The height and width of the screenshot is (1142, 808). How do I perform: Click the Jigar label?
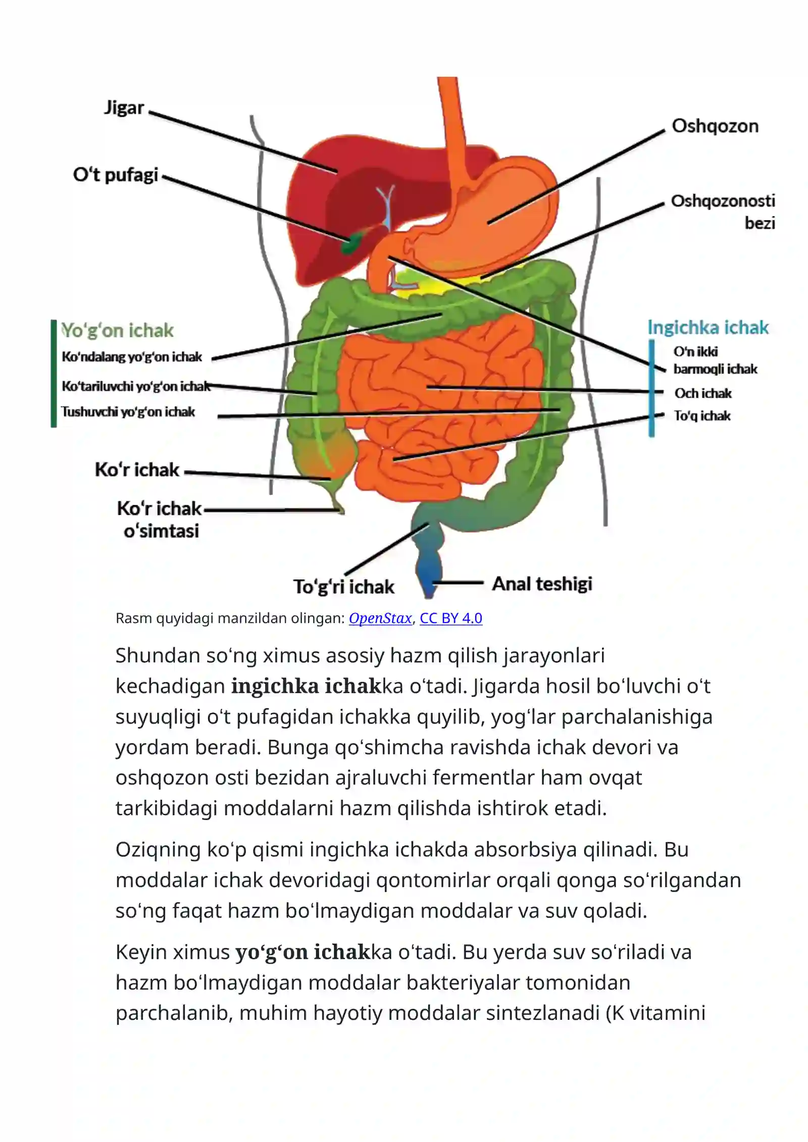coord(124,108)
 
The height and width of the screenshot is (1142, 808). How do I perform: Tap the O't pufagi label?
coord(116,175)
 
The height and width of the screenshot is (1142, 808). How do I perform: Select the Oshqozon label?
coord(715,126)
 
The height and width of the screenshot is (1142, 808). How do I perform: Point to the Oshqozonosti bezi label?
coord(723,212)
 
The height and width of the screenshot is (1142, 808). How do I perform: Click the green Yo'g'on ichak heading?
coord(117,330)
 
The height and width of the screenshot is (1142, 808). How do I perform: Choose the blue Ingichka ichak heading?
coord(708,328)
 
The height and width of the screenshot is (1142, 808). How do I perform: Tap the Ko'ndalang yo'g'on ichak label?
coord(132,357)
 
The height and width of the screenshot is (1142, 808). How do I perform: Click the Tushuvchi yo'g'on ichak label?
coord(128,412)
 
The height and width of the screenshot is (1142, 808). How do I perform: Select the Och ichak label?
coord(703,393)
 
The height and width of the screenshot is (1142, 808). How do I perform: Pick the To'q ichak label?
coord(702,416)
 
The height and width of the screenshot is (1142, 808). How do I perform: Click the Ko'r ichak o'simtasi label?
coord(160,520)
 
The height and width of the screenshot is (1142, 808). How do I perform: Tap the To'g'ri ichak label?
coord(344,587)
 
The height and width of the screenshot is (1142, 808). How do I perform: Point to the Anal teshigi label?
coord(542,584)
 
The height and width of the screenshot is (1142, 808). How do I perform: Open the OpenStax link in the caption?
coord(380,618)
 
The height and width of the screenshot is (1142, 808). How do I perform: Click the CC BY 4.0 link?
coord(451,618)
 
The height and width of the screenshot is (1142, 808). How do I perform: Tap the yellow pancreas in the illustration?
coord(429,283)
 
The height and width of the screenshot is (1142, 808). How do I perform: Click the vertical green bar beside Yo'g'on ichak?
coord(54,374)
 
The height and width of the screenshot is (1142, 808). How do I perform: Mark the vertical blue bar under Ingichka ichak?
coord(651,388)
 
